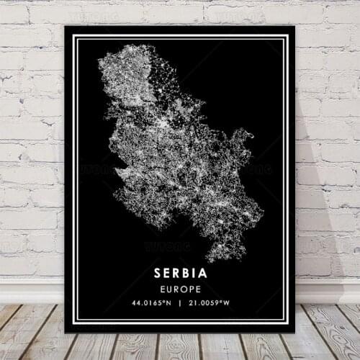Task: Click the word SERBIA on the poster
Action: [x=180, y=274]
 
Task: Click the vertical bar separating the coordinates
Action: [x=180, y=303]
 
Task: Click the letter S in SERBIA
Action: [x=158, y=274]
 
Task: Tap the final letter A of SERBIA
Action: [x=203, y=274]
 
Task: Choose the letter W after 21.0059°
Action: [x=233, y=303]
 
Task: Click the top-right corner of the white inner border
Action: [x=286, y=37]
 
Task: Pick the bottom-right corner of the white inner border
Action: [x=286, y=321]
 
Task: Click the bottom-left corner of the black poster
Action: [x=65, y=332]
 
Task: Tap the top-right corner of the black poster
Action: [x=294, y=27]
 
